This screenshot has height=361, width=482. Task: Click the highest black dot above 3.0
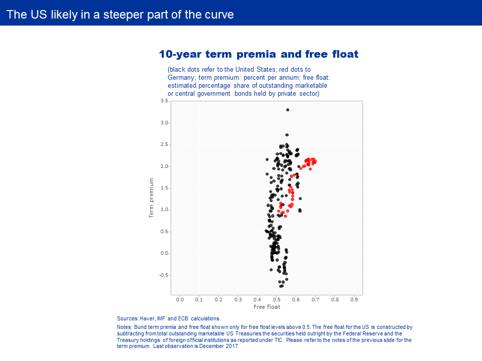tap(287, 110)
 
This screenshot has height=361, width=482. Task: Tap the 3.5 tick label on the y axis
tap(164, 101)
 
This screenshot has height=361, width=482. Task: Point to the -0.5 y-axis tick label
tap(164, 275)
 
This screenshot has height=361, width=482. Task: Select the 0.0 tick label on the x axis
tap(180, 300)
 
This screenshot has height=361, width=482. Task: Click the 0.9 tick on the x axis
tap(354, 300)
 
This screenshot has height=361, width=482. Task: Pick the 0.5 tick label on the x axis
tap(277, 300)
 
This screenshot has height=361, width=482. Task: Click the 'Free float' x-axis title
tap(267, 307)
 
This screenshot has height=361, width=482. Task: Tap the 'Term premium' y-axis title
tap(151, 198)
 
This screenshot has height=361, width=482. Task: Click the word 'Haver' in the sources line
tap(147, 319)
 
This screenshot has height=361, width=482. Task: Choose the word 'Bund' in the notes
tap(140, 327)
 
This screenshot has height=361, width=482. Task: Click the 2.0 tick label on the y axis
tap(164, 166)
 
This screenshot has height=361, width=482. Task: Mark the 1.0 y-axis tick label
tap(164, 210)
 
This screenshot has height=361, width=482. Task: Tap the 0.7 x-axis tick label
tap(315, 300)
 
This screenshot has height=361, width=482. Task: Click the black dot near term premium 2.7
tap(287, 135)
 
